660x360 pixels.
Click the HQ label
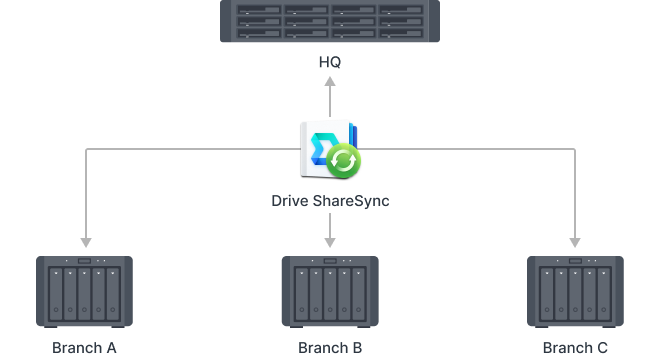pyautogui.click(x=330, y=63)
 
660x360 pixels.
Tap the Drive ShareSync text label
pyautogui.click(x=330, y=201)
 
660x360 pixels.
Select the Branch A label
pyautogui.click(x=85, y=348)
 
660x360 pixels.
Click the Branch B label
pyautogui.click(x=330, y=348)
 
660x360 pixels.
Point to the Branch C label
pyautogui.click(x=574, y=348)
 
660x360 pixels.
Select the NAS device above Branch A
pyautogui.click(x=85, y=292)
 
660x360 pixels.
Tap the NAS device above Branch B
pyautogui.click(x=330, y=292)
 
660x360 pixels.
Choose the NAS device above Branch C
pyautogui.click(x=574, y=292)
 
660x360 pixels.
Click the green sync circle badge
pyautogui.click(x=345, y=160)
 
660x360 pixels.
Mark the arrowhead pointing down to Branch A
pyautogui.click(x=85, y=242)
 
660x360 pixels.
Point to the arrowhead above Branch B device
pyautogui.click(x=330, y=242)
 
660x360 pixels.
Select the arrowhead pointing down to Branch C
pyautogui.click(x=574, y=242)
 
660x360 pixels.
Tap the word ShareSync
pyautogui.click(x=353, y=201)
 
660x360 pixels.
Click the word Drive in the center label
pyautogui.click(x=291, y=201)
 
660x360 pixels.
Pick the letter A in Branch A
pyautogui.click(x=112, y=348)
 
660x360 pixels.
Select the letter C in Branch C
pyautogui.click(x=602, y=348)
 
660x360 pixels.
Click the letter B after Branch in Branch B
pyautogui.click(x=357, y=348)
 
